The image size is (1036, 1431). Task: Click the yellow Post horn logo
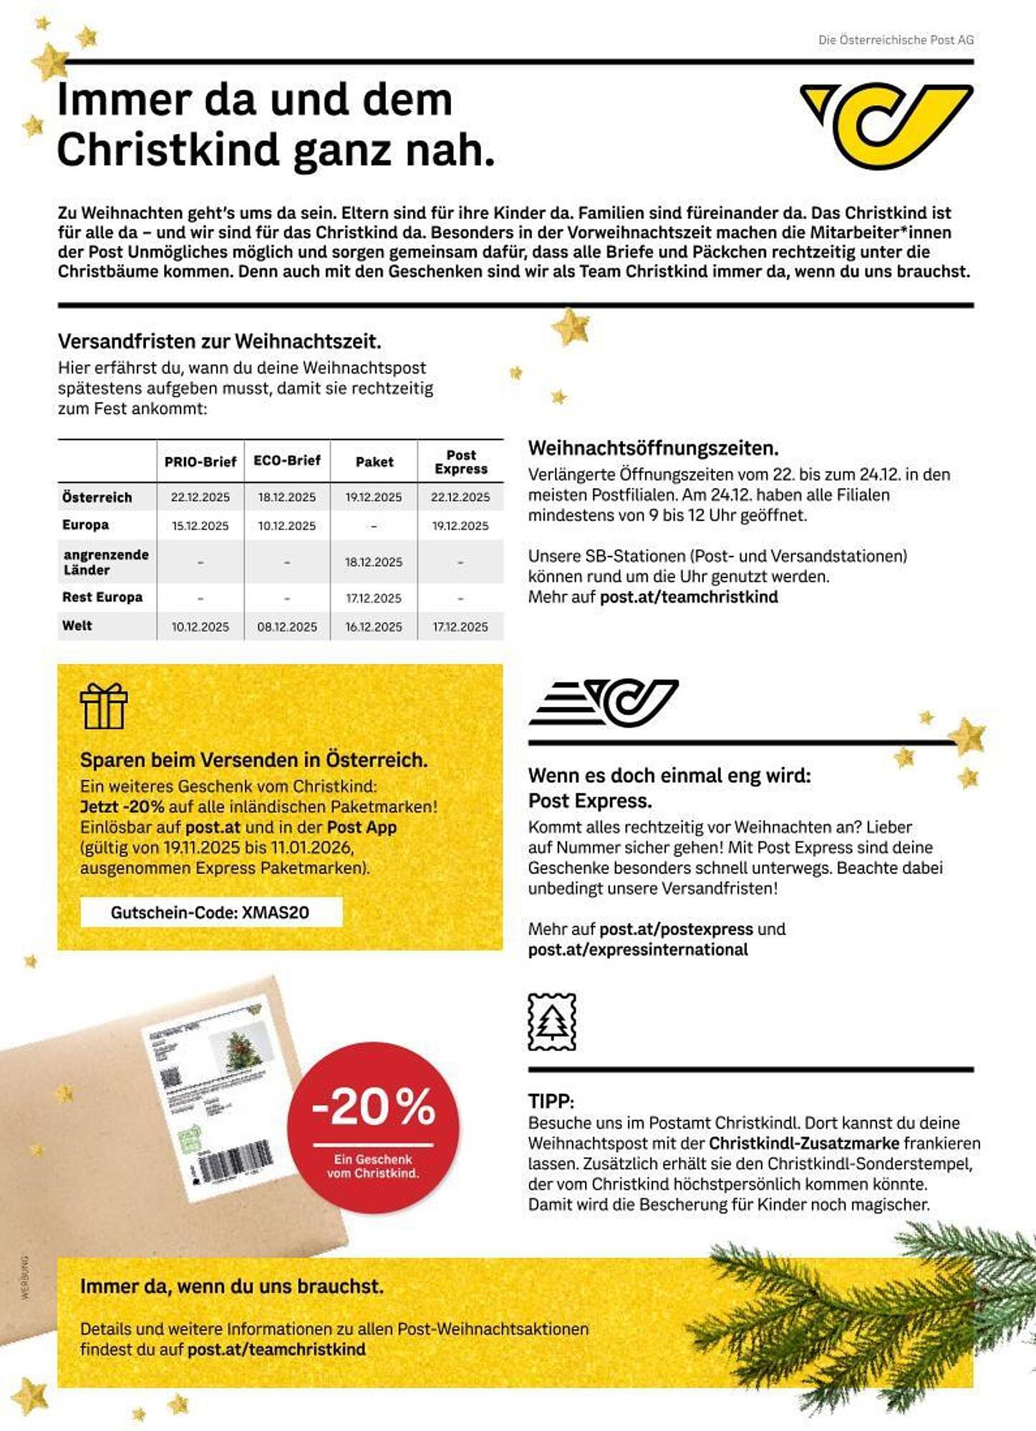pos(886,126)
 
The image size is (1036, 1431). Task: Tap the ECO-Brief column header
pos(286,461)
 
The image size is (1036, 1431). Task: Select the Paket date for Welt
pos(374,627)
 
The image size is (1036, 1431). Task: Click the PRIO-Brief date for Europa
pos(200,526)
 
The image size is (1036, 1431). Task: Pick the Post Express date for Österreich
pos(460,497)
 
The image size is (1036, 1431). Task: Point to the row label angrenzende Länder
pos(106,562)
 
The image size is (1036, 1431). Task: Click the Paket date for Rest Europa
pos(374,598)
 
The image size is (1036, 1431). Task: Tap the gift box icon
pos(104,706)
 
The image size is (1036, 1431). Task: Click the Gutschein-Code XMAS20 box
pos(210,912)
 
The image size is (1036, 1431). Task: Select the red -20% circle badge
pos(373,1127)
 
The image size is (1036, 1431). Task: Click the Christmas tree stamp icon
pos(551,1022)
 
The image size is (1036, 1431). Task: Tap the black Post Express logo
pos(604,702)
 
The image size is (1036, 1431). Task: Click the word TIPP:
pos(551,1101)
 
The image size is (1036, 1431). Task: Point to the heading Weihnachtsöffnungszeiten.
pos(653,449)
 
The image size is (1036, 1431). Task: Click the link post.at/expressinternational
pos(638,949)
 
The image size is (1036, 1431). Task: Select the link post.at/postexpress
pos(676,929)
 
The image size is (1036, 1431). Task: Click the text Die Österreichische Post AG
pos(896,40)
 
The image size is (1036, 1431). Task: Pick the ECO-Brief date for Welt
pos(286,627)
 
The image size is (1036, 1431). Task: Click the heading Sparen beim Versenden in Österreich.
pos(253,760)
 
